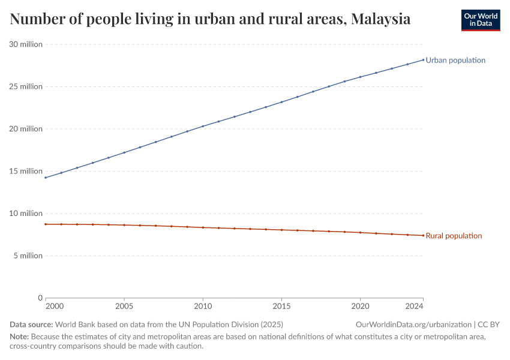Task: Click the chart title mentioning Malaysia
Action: (210, 19)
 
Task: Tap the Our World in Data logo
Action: (480, 20)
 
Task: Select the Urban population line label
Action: (455, 60)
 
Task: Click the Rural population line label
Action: (454, 236)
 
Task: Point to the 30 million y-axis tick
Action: (26, 44)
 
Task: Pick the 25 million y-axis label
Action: (26, 86)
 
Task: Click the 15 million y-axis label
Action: (26, 171)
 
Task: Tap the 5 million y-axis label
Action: (28, 256)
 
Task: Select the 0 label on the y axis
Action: (40, 298)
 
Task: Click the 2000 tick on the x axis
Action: (53, 306)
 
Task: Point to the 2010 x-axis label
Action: (203, 306)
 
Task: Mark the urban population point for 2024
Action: (423, 59)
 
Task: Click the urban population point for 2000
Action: (46, 178)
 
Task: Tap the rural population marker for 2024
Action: (423, 235)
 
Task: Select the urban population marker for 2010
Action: (203, 126)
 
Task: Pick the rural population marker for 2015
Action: (281, 230)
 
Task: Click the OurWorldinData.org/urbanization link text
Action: (413, 325)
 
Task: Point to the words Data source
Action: (31, 325)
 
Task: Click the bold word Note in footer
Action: (19, 337)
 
